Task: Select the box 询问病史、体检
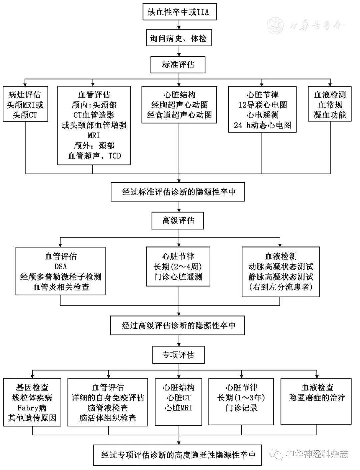tap(179, 39)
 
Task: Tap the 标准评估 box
tap(178, 65)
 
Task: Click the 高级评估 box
tap(178, 221)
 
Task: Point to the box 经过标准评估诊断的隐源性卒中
tap(178, 192)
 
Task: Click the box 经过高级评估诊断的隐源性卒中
tap(178, 325)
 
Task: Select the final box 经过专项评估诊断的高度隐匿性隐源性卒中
tap(178, 455)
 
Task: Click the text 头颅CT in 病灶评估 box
tap(25, 115)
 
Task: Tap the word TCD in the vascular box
tap(115, 156)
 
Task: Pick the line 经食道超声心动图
tap(180, 115)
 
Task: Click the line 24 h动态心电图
tap(262, 125)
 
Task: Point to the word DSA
tap(60, 266)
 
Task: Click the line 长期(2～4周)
tap(178, 266)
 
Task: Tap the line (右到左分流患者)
tap(280, 287)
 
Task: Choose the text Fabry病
tap(32, 408)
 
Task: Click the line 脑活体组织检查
tap(108, 418)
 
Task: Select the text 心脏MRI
tap(178, 408)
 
